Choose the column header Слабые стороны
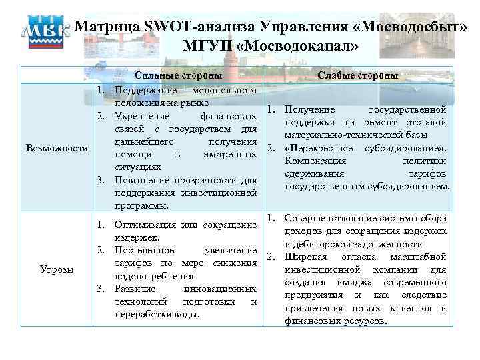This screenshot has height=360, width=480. tap(358, 76)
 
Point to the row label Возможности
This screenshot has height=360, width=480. tap(56, 147)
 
